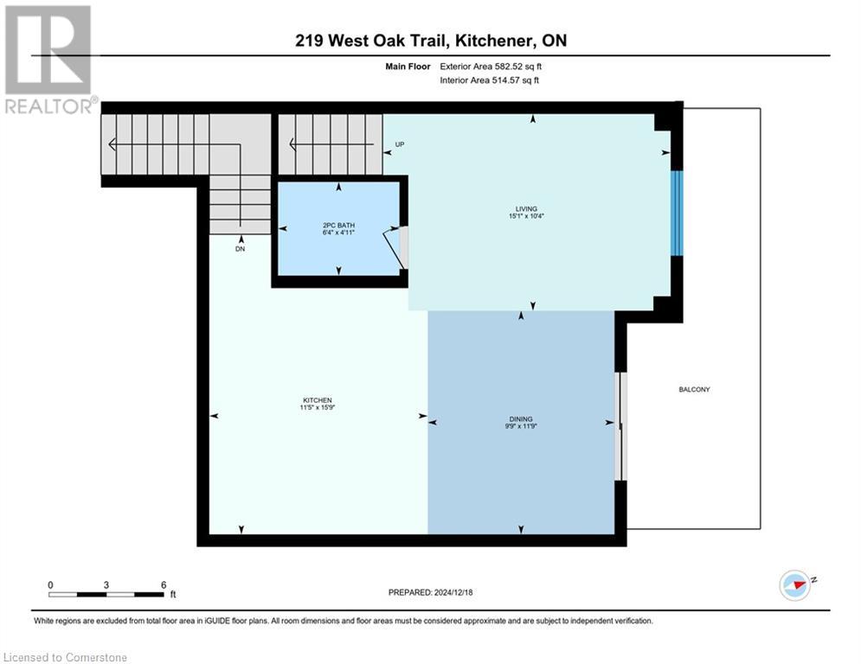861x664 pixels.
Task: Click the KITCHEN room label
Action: point(317,400)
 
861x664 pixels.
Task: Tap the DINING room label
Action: point(520,418)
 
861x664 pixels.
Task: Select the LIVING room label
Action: point(525,208)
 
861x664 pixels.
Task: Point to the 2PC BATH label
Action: point(338,226)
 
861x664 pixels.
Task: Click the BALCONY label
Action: point(694,390)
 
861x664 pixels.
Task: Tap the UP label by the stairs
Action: point(399,144)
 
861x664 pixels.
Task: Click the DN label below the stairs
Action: point(241,248)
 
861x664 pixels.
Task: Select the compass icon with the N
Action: point(794,584)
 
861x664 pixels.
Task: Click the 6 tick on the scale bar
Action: point(163,585)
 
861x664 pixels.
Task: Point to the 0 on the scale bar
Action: point(50,585)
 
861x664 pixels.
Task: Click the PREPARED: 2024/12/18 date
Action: point(430,592)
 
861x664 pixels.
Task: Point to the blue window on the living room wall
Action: point(678,213)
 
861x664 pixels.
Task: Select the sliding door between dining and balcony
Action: point(620,426)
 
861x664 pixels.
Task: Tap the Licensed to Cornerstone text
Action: point(66,657)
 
